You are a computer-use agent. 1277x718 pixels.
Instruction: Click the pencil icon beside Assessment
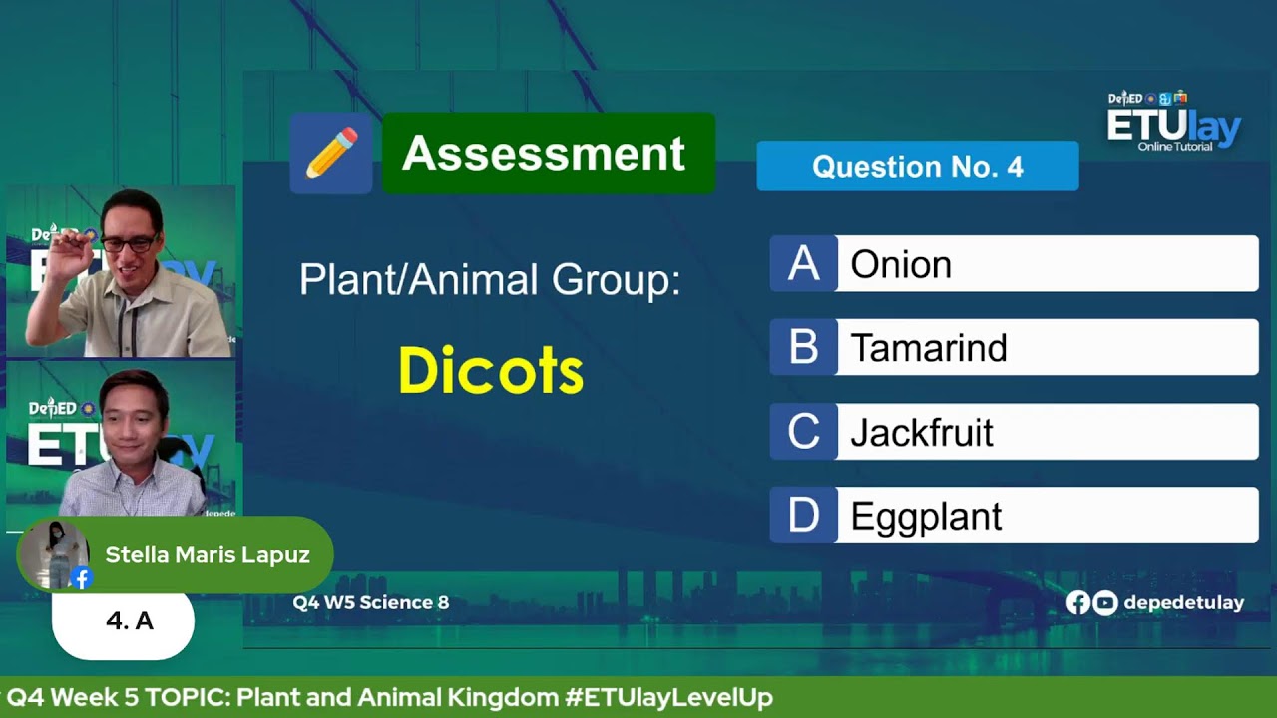331,154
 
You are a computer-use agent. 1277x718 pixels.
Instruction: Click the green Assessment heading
548,154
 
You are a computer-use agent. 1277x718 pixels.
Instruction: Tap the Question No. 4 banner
917,166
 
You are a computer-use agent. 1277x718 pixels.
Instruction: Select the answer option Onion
1046,264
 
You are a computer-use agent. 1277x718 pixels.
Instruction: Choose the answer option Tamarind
1046,348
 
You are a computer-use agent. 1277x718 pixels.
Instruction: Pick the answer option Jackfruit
1046,432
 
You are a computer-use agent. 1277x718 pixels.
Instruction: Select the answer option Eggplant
1046,516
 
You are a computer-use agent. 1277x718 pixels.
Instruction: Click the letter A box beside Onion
803,264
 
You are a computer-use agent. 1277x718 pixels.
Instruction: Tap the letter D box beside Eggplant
803,516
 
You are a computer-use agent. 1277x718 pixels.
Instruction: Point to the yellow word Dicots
491,371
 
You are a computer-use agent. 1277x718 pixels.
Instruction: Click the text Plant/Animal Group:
489,280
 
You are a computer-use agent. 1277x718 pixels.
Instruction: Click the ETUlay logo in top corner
1173,123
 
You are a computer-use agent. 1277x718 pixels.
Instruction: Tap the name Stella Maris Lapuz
208,555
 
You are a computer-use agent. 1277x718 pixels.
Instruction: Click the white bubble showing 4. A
124,622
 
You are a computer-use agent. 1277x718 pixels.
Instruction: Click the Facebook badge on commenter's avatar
82,578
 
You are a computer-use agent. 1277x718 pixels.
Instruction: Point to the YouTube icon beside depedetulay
1105,602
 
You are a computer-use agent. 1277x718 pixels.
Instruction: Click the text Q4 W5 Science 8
371,602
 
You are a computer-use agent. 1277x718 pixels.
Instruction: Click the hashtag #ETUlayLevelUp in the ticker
668,698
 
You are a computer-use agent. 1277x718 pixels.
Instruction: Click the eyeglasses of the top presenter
128,243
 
